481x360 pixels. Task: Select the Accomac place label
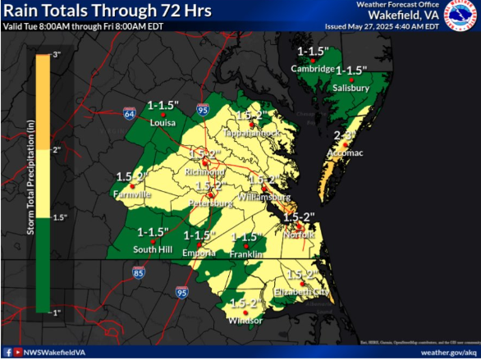pyautogui.click(x=348, y=153)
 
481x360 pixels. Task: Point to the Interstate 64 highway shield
pyautogui.click(x=130, y=112)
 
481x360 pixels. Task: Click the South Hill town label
pyautogui.click(x=153, y=249)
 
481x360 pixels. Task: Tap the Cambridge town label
pyautogui.click(x=313, y=69)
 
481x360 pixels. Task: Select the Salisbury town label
pyautogui.click(x=351, y=88)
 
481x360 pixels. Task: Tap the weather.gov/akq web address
pyautogui.click(x=448, y=352)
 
